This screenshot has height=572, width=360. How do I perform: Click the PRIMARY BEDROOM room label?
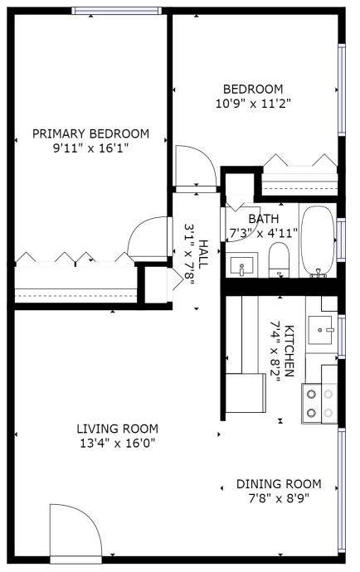(x=91, y=133)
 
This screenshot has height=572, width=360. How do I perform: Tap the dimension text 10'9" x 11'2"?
(x=253, y=104)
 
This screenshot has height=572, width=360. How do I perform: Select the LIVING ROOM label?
(x=118, y=429)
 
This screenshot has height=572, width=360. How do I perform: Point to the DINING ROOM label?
(x=279, y=484)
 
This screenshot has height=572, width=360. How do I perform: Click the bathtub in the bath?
(x=318, y=240)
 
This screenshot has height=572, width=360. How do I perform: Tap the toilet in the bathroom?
(x=279, y=259)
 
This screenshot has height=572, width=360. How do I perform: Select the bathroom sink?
(x=241, y=265)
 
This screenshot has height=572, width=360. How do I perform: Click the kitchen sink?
(x=320, y=330)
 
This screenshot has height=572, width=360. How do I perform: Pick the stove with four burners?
(x=319, y=404)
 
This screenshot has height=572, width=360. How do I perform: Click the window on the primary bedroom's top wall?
(x=117, y=11)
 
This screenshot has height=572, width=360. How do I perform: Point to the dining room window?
(x=342, y=491)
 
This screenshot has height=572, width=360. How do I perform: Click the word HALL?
(x=203, y=254)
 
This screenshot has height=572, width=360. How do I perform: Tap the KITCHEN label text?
(x=289, y=350)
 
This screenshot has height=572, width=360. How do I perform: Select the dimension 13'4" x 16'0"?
(x=118, y=444)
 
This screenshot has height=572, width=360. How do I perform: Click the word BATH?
(x=264, y=219)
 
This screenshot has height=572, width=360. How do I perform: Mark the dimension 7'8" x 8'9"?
(x=279, y=498)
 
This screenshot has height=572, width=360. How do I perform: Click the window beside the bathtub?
(x=341, y=240)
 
